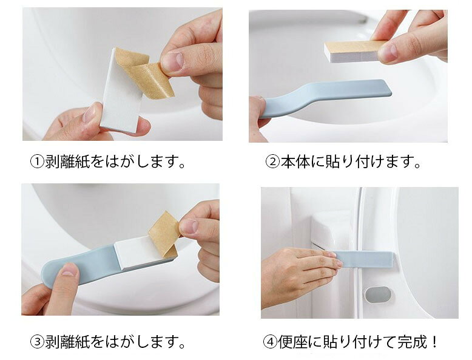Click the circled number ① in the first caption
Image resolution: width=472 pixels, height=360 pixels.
[x=38, y=162]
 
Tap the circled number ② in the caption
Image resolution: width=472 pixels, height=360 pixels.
[x=273, y=162]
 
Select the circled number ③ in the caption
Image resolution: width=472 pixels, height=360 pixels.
[x=38, y=342]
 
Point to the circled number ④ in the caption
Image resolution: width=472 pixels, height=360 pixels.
[x=270, y=342]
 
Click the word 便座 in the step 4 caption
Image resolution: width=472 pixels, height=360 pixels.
[x=292, y=342]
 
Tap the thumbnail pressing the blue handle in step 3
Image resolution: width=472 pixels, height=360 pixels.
[x=70, y=270]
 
